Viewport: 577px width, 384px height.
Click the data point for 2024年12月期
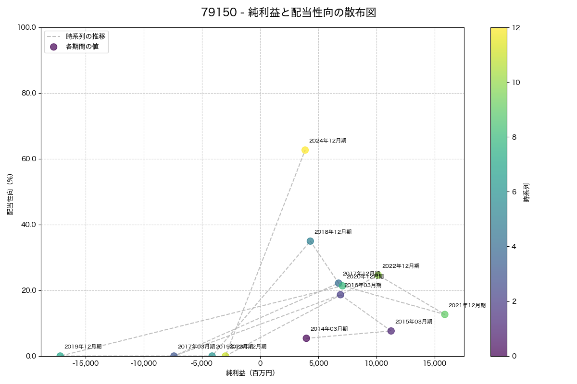click(305, 150)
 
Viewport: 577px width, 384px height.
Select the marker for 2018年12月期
click(310, 241)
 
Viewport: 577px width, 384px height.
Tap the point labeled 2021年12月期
click(445, 314)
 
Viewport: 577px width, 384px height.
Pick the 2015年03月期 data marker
click(391, 331)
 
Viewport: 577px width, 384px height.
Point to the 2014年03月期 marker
click(306, 338)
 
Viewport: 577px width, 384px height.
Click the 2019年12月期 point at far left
click(60, 356)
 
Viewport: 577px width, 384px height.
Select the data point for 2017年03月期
click(174, 356)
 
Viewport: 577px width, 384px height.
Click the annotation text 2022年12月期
click(401, 266)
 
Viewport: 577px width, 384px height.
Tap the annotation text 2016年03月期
click(363, 285)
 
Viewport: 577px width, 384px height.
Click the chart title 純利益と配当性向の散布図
click(288, 13)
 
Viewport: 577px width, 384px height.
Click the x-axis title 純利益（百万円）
click(251, 373)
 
